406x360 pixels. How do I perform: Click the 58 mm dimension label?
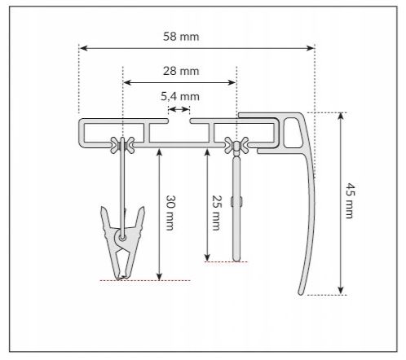pos(181,37)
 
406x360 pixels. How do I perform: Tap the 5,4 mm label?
pos(179,97)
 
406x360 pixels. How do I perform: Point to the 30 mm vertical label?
pos(170,213)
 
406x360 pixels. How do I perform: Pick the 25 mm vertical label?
pos(215,213)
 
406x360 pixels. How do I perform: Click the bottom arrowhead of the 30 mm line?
pos(158,276)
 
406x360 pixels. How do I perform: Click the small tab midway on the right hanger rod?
pos(233,200)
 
